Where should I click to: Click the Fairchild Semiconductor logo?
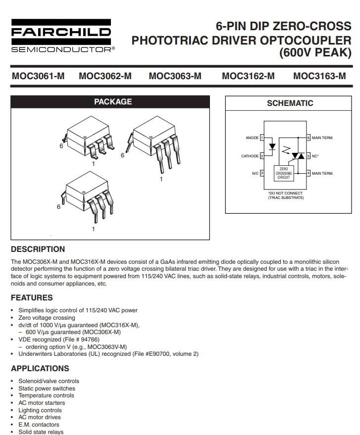click(61, 36)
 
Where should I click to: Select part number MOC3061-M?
click(38, 76)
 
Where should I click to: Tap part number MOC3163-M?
click(319, 76)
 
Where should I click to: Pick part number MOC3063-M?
click(175, 76)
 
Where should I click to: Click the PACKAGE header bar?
click(113, 102)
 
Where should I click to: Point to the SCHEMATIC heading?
click(290, 103)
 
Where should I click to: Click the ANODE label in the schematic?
click(252, 138)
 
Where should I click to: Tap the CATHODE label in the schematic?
click(250, 156)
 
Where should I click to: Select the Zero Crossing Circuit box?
click(283, 173)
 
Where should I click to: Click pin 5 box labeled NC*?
click(308, 155)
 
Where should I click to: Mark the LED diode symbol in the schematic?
click(271, 147)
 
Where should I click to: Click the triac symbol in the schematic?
click(298, 155)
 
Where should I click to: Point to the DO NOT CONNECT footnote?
click(285, 195)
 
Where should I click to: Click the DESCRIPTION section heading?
click(38, 249)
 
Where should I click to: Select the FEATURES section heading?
click(32, 297)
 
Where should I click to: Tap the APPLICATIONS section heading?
click(40, 368)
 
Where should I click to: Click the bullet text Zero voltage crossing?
click(47, 318)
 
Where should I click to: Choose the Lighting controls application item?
click(40, 410)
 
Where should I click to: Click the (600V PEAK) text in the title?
click(315, 52)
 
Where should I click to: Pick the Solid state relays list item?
click(41, 432)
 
